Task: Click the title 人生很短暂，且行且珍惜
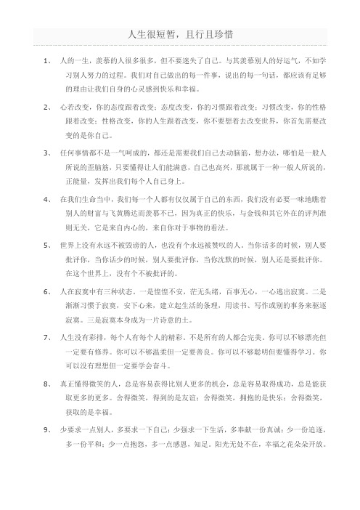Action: [180, 34]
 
